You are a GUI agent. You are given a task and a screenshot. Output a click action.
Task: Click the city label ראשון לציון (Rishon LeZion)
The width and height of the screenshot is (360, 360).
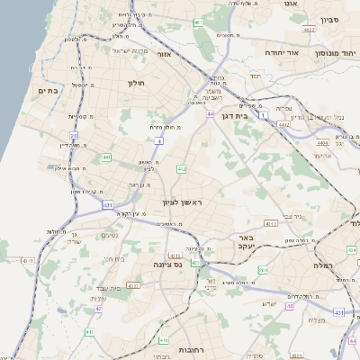coord(183,202)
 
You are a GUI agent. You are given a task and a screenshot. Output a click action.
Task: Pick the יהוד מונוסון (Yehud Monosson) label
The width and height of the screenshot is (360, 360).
coord(329,53)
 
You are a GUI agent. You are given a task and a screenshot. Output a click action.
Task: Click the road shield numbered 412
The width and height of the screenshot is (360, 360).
coord(182,168)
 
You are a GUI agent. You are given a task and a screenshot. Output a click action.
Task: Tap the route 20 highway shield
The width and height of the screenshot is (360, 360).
coord(74,135)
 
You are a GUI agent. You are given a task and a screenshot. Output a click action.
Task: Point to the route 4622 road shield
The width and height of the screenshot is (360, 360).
coord(309,30)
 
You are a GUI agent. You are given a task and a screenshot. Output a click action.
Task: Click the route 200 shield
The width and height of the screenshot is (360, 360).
coord(263,270)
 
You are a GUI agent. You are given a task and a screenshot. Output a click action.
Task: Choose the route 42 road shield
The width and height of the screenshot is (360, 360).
coord(97,309)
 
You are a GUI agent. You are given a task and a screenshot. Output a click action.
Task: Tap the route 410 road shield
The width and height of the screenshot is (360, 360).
coord(163,340)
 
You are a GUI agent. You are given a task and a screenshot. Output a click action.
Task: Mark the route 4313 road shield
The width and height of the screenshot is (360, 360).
coord(133,285)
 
